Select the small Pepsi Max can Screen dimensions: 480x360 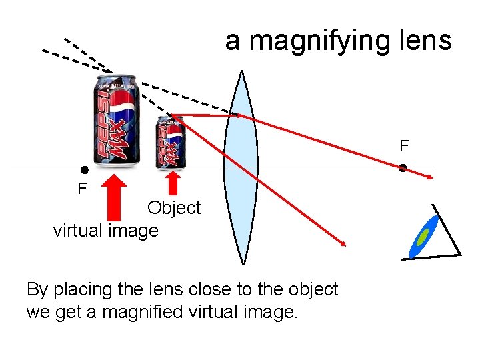(x=171, y=142)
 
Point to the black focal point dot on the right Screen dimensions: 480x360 (x=403, y=168)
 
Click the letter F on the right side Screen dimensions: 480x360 (x=404, y=145)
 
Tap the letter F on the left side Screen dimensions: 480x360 (x=82, y=189)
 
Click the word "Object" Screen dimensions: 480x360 (x=174, y=208)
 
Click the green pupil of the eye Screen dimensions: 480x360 (x=422, y=236)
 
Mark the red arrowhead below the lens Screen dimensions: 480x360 (x=343, y=243)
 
